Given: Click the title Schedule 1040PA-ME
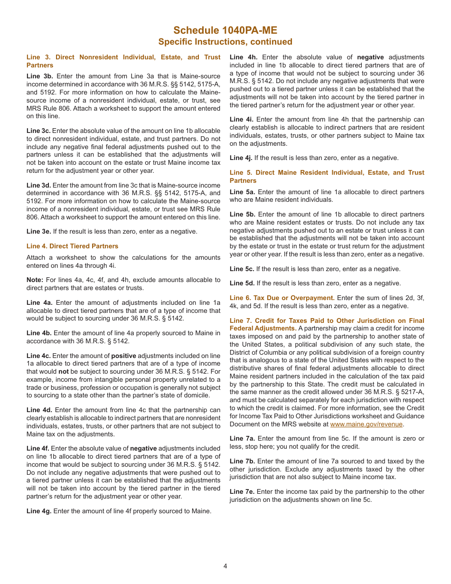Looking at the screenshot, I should [225, 30].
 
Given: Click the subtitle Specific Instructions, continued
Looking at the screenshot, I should [225, 42].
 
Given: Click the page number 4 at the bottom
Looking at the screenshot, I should [225, 565].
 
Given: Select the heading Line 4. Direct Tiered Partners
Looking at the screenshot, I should [72, 246].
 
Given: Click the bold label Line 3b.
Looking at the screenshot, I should [39, 76].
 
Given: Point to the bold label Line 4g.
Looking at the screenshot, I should [39, 511].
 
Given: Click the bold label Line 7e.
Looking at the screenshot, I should [242, 491].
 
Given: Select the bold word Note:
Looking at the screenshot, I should [35, 280].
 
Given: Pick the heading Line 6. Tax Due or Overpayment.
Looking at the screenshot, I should [282, 298].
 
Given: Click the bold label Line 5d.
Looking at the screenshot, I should [242, 283].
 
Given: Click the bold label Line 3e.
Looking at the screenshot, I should [39, 231].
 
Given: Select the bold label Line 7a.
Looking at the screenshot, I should [242, 438].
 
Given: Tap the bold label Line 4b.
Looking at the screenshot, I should [39, 333].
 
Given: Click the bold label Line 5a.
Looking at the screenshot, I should [242, 192].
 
